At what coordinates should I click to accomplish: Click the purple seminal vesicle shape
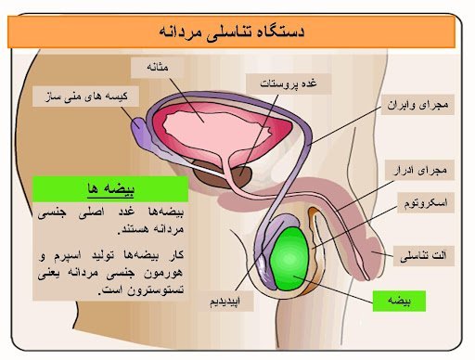[148, 130]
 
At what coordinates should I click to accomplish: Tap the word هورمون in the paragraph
[163, 274]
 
